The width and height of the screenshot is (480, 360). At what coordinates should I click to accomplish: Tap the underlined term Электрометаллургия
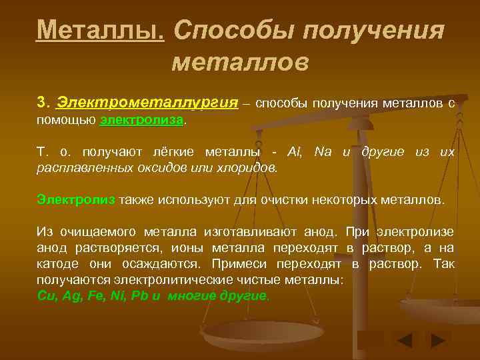point(147,103)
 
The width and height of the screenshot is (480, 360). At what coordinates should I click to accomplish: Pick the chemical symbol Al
point(294,152)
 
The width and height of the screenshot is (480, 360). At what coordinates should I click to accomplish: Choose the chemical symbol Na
point(325,152)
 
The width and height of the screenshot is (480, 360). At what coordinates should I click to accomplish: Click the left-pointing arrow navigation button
point(404,341)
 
